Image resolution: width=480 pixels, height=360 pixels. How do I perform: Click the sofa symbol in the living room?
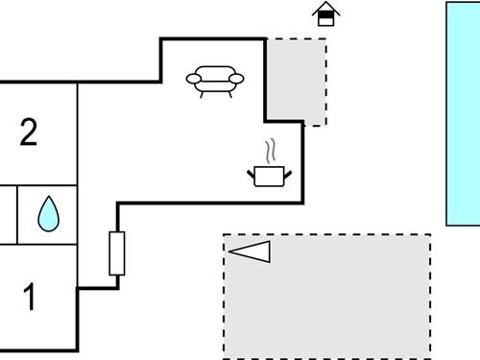[x=215, y=80]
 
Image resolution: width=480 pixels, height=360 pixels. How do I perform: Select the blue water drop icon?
[x=47, y=214]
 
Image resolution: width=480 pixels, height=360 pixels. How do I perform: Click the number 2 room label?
[x=29, y=132]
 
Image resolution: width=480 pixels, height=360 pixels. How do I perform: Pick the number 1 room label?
[x=30, y=299]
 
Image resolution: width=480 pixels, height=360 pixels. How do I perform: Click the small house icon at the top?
[x=326, y=13]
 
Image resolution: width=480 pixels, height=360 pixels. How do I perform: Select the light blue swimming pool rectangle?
[x=463, y=113]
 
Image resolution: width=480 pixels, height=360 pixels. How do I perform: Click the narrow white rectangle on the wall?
[x=117, y=253]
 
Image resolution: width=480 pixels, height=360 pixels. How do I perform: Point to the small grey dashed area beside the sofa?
[x=295, y=81]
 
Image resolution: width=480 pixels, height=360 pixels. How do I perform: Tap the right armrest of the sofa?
[x=237, y=78]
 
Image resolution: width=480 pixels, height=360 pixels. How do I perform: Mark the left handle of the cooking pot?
[x=252, y=171]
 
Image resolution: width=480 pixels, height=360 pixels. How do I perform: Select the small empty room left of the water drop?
[x=8, y=215]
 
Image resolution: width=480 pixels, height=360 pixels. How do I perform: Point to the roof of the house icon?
[x=326, y=8]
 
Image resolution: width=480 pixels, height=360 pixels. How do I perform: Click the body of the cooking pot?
[x=270, y=176]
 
